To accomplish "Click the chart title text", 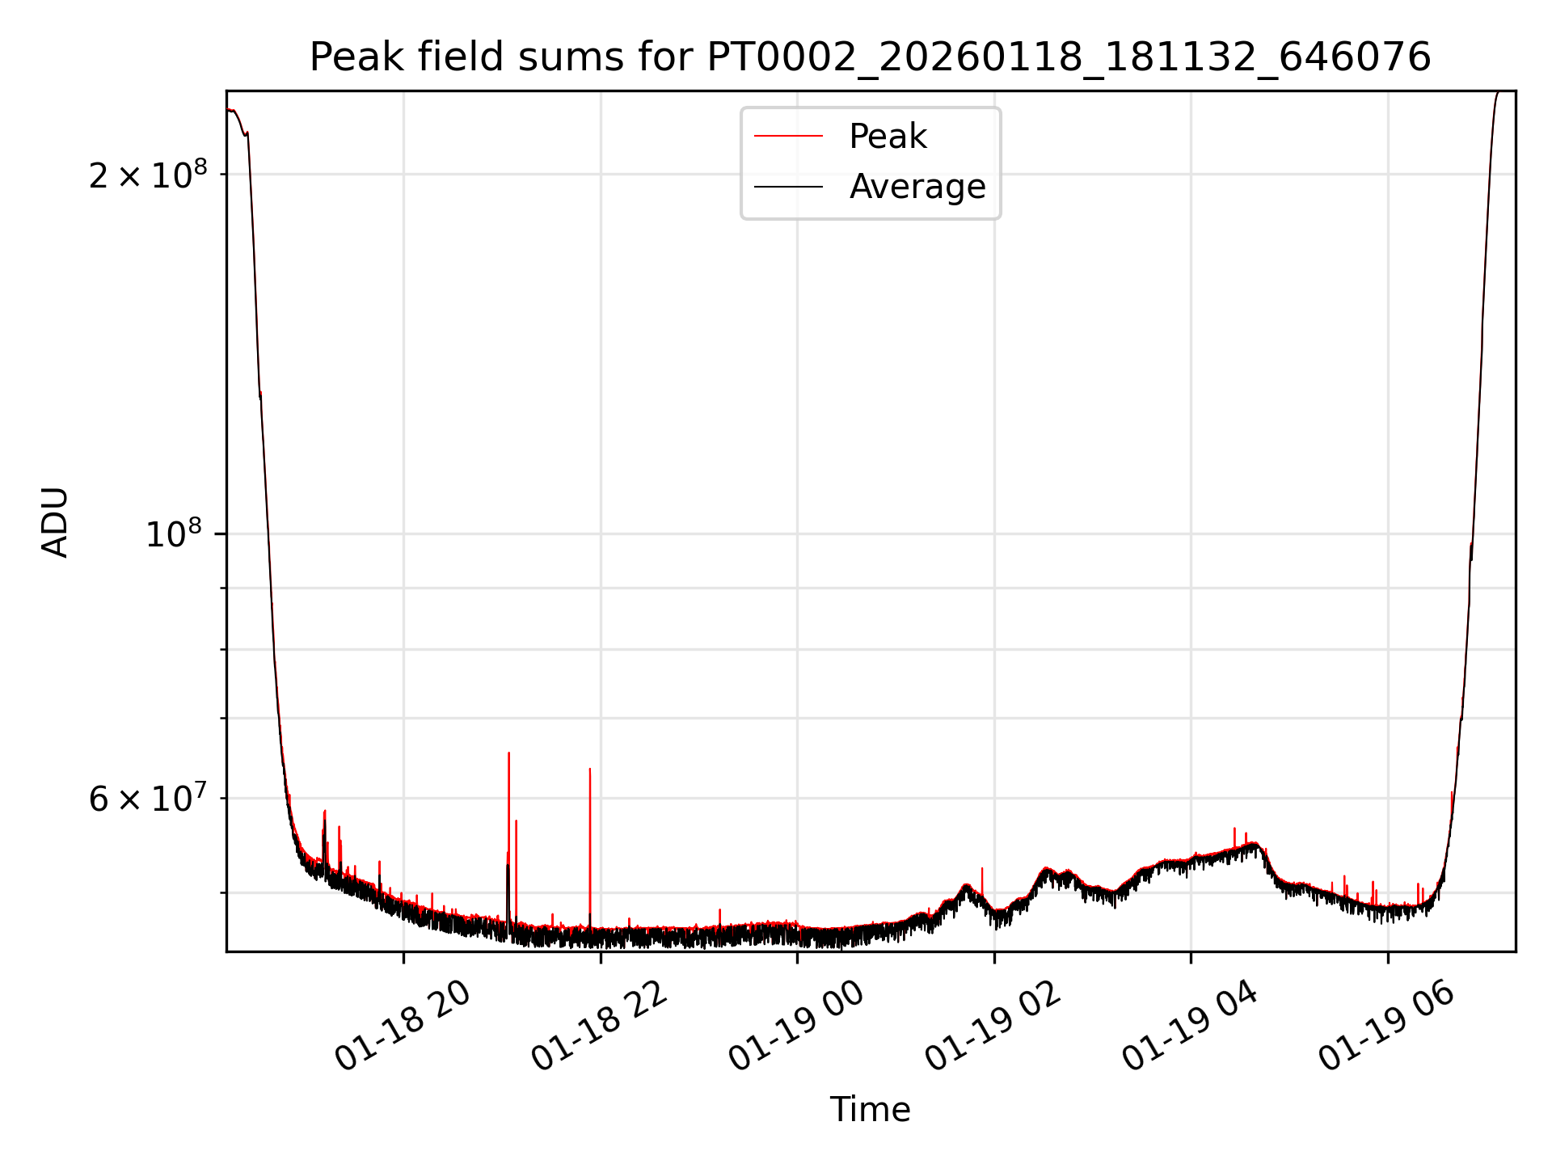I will pos(870,57).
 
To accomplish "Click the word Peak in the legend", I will pos(888,137).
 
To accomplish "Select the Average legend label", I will pos(917,187).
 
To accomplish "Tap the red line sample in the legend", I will pos(788,137).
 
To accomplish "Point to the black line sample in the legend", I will pos(788,187).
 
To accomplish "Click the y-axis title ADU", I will pos(55,522).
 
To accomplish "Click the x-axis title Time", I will pos(870,1110).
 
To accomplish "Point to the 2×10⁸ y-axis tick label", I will pos(147,175).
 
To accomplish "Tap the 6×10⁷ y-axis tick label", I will pos(147,799).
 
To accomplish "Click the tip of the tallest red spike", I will pos(508,753).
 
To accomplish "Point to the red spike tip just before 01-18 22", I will pos(590,769).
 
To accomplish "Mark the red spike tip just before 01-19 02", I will pos(982,869).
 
